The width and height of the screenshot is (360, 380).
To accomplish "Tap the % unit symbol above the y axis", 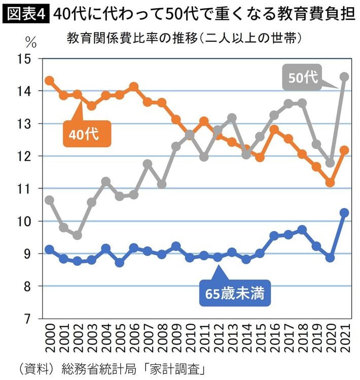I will tap(31, 42).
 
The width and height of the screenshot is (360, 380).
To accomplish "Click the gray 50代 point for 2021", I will tap(344, 77).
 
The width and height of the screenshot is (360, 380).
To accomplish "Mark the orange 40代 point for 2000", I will tap(49, 81).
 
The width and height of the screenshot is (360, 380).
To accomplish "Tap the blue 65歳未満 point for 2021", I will tap(344, 213).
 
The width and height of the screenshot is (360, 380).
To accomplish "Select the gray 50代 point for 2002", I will tap(78, 235).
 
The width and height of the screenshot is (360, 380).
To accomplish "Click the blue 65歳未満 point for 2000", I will tap(49, 249).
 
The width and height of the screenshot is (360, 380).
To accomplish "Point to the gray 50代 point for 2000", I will tap(49, 200).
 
